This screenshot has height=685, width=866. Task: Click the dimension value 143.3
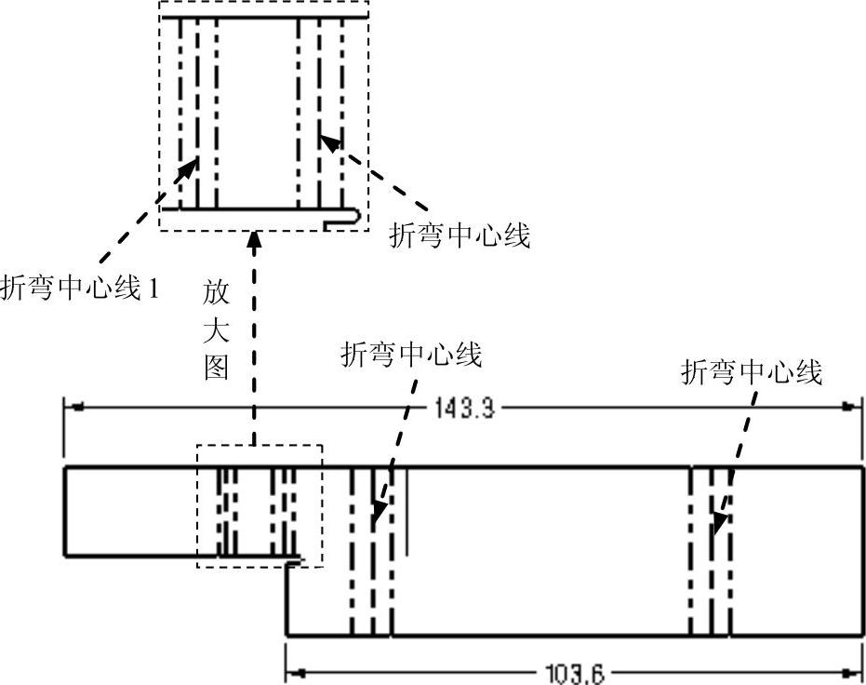pyautogui.click(x=463, y=408)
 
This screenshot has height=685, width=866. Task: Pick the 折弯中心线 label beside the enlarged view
pyautogui.click(x=460, y=236)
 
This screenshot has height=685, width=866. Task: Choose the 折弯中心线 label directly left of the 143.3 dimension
pyautogui.click(x=411, y=355)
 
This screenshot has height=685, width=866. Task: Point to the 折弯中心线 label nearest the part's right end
pyautogui.click(x=752, y=373)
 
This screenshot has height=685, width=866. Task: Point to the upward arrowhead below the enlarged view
pyautogui.click(x=253, y=244)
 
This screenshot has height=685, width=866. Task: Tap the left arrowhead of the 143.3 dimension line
pyautogui.click(x=73, y=407)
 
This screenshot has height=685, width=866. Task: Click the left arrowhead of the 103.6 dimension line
pyautogui.click(x=296, y=671)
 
